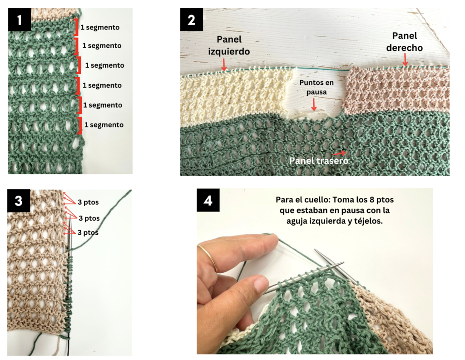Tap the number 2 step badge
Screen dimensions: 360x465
pyautogui.click(x=191, y=20)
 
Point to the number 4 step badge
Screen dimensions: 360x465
pyautogui.click(x=208, y=200)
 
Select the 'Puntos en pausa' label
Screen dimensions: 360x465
pyautogui.click(x=312, y=88)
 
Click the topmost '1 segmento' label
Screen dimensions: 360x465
pyautogui.click(x=100, y=27)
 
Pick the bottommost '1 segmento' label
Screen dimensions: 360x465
pyautogui.click(x=103, y=125)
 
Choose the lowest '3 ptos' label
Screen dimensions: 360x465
pyautogui.click(x=88, y=232)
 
